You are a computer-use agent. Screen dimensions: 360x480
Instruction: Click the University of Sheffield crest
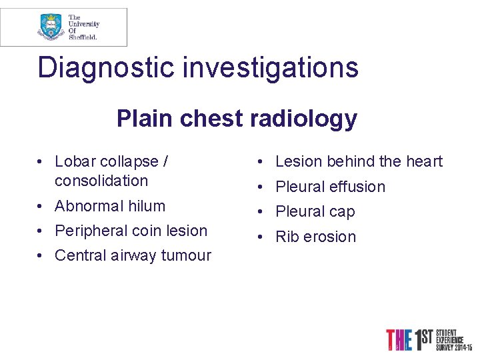coord(51,27)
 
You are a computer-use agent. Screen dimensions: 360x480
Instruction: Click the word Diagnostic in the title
coord(100,68)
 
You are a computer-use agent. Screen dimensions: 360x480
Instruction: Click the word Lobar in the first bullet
coord(74,161)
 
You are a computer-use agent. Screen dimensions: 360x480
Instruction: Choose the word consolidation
coord(101,181)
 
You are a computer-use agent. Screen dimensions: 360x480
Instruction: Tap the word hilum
coord(147,206)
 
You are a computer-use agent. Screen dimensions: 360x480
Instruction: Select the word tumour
coord(187,255)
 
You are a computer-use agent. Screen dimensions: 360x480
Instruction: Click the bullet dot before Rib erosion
coord(262,237)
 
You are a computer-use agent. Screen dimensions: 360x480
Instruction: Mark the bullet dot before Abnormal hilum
coord(41,206)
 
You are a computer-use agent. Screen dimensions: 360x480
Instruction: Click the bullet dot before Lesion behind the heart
coord(262,161)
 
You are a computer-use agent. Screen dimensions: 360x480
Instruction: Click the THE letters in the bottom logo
coord(399,340)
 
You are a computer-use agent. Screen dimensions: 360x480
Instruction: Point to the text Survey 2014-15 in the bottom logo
coord(454,348)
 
